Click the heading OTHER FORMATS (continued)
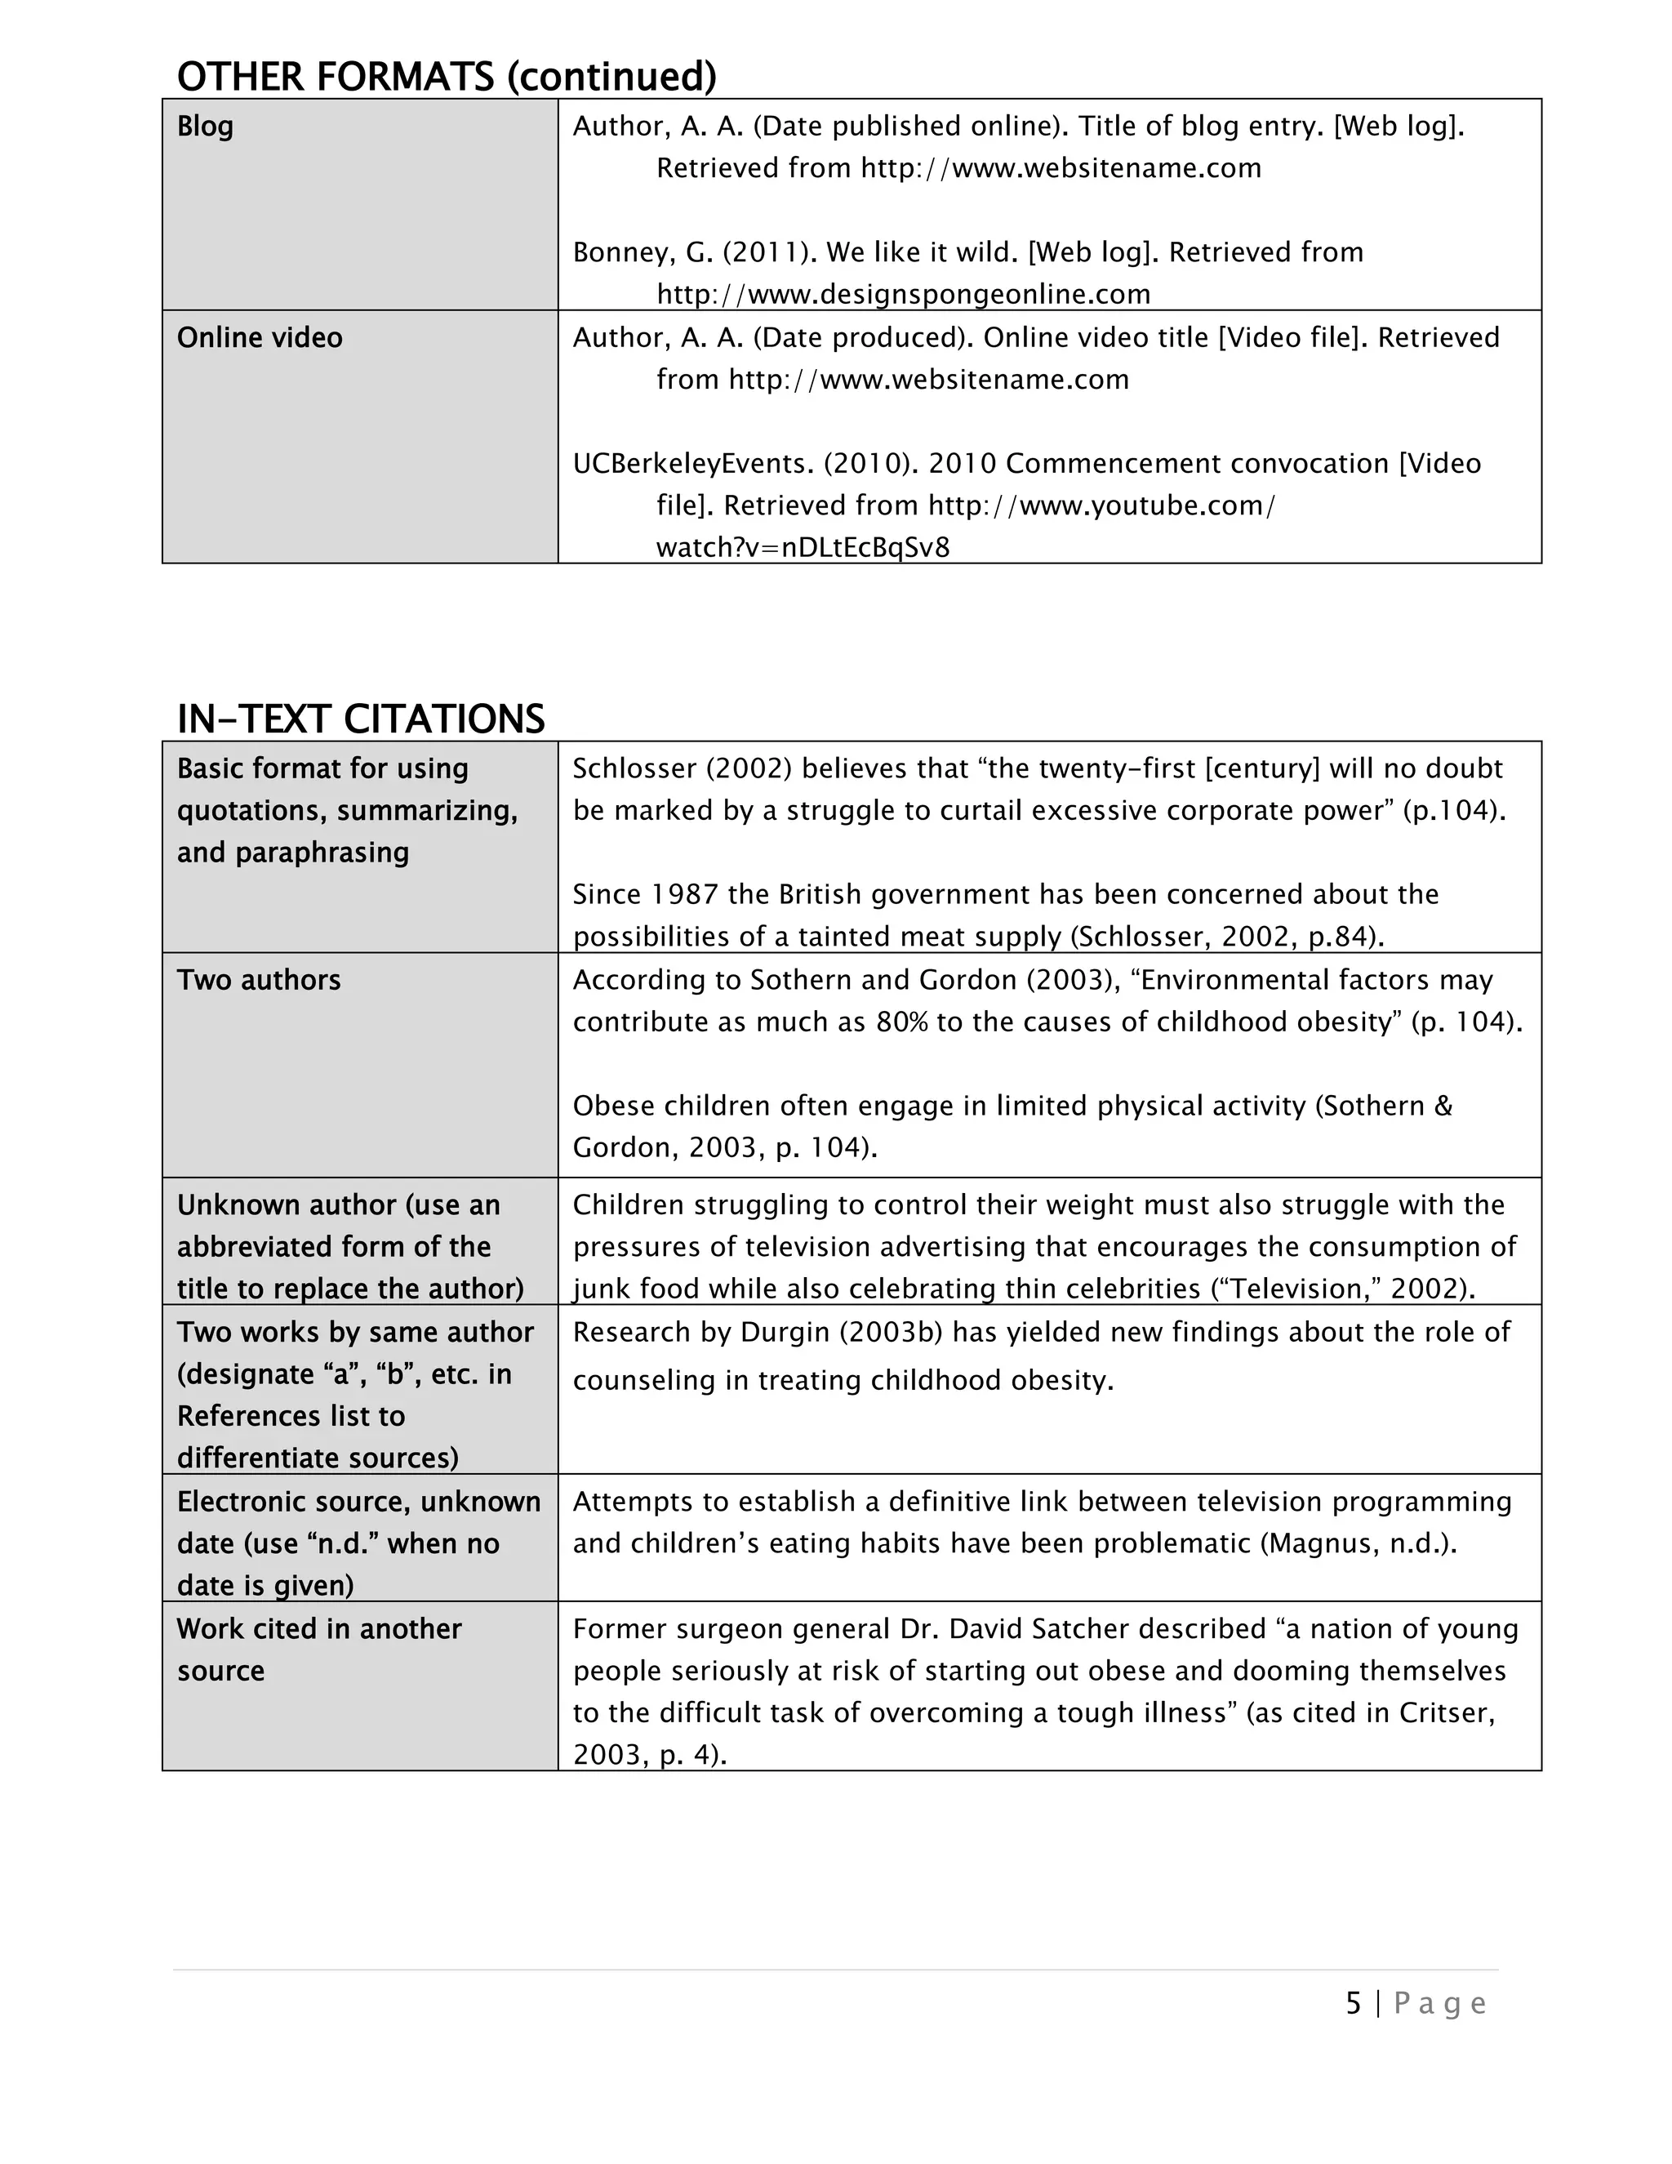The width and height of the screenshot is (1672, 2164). [x=446, y=76]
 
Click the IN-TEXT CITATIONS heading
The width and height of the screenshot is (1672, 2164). [x=361, y=719]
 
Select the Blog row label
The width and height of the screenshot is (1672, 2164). [x=205, y=126]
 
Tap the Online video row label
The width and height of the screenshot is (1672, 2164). [x=260, y=338]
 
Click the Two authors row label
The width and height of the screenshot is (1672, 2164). [x=259, y=980]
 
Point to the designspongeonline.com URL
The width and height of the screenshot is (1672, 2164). [x=904, y=294]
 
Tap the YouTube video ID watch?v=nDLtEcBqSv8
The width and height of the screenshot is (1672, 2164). [x=803, y=548]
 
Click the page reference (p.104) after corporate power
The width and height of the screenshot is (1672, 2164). [x=1453, y=811]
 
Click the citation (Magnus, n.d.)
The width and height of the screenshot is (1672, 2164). [x=1358, y=1543]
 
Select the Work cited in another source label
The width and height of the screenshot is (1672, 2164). [x=319, y=1650]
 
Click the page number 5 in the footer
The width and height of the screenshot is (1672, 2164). [x=1353, y=2003]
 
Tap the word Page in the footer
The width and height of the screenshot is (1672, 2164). [x=1439, y=2003]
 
